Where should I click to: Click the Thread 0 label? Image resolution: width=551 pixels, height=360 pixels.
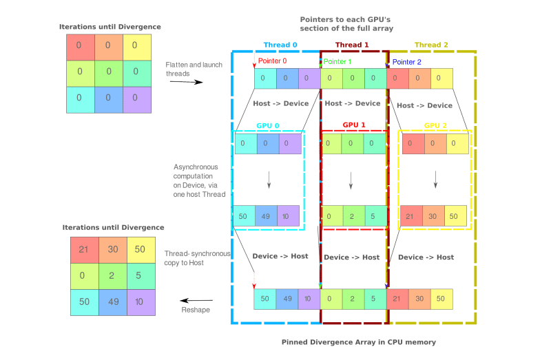click(280, 45)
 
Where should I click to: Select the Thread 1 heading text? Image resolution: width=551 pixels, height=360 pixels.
click(352, 45)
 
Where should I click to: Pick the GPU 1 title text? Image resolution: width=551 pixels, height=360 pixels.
click(353, 126)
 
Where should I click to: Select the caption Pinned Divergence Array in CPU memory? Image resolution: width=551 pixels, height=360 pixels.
click(358, 342)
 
